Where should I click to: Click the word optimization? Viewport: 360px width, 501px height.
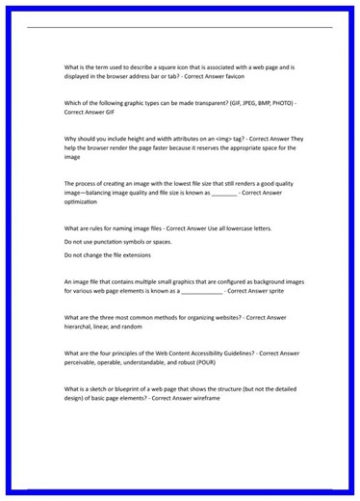pyautogui.click(x=81, y=202)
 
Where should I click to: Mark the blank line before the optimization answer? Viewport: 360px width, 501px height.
pyautogui.click(x=222, y=194)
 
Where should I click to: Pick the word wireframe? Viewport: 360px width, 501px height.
pyautogui.click(x=189, y=398)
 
